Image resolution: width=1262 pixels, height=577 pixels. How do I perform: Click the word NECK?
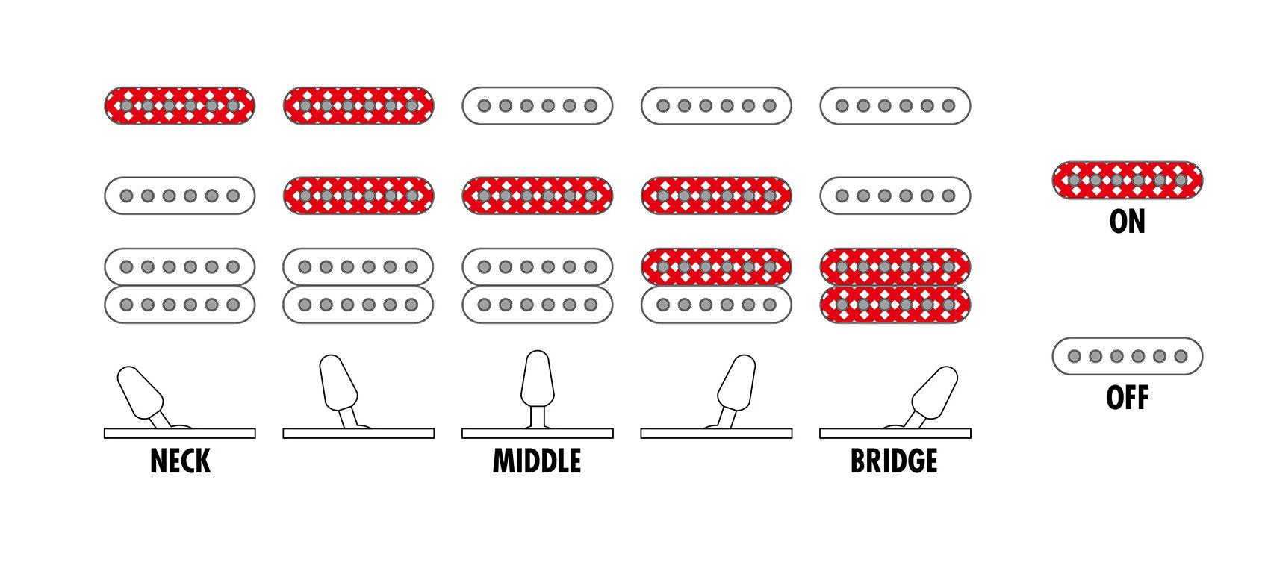[x=180, y=461]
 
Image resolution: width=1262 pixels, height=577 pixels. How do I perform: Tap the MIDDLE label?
[x=537, y=461]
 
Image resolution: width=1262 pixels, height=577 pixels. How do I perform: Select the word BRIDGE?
[x=894, y=461]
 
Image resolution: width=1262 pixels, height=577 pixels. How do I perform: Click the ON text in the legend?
[x=1127, y=222]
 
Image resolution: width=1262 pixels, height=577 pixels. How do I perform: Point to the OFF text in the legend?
[x=1127, y=398]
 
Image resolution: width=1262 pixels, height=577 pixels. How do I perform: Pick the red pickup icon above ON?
[x=1127, y=180]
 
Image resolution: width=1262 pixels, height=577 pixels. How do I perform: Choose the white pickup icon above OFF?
[x=1127, y=356]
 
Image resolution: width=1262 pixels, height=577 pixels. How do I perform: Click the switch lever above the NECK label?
[x=140, y=393]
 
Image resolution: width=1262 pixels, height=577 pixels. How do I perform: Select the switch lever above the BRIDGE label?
[x=933, y=393]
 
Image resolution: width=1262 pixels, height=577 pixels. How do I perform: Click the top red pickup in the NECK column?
[x=179, y=106]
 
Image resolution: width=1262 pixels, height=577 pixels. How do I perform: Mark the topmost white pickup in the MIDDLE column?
[x=538, y=106]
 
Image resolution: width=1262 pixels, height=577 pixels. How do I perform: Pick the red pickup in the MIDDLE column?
[x=538, y=196]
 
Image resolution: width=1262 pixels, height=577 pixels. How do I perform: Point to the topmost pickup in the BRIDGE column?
[x=895, y=106]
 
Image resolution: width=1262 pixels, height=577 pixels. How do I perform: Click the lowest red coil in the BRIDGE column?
[x=895, y=305]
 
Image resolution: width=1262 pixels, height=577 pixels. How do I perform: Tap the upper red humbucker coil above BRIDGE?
[x=895, y=266]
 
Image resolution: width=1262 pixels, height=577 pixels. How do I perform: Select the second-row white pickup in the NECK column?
[x=179, y=196]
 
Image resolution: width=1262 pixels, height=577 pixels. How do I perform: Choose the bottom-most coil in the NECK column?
[x=179, y=305]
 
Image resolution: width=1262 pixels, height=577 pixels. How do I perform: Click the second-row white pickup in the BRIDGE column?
[x=895, y=196]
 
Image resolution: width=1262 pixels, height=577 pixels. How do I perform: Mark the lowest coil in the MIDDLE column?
[x=538, y=305]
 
